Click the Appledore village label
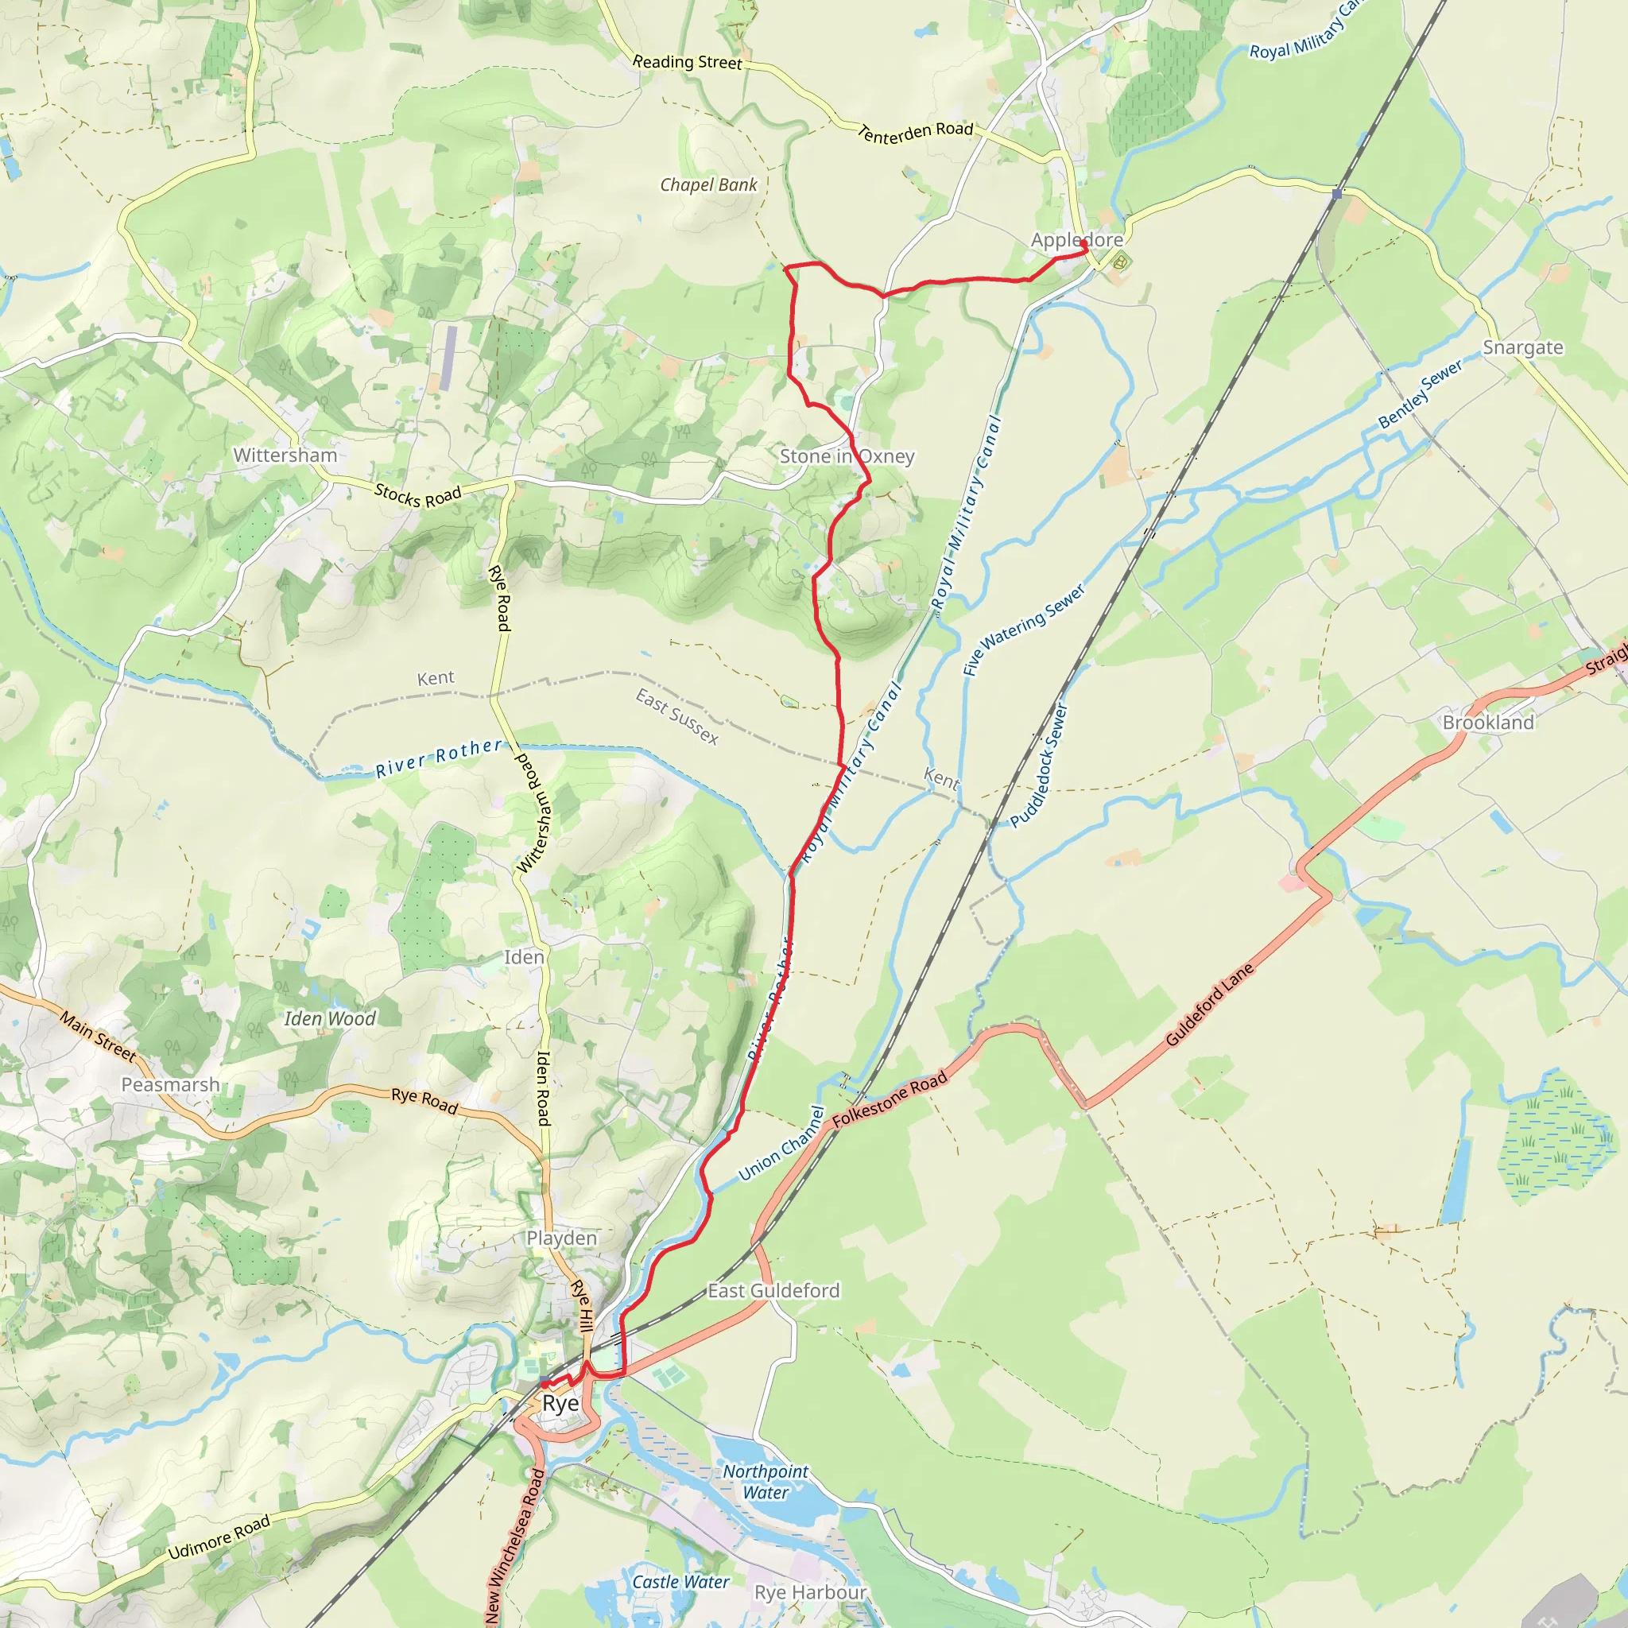tap(1076, 240)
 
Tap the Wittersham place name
tap(285, 455)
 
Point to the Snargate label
tap(1522, 347)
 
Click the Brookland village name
tap(1488, 722)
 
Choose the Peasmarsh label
tap(170, 1084)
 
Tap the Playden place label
tap(561, 1238)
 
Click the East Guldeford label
tap(773, 1291)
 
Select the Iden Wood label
tap(329, 1019)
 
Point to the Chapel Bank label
tap(708, 185)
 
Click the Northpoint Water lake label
tap(766, 1482)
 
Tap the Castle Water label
tap(681, 1583)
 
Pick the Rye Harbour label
tap(810, 1592)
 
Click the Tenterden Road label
tap(915, 132)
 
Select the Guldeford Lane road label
tap(1210, 1005)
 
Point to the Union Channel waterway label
tap(781, 1143)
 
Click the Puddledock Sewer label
tap(1039, 767)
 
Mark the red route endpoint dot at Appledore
tap(1083, 243)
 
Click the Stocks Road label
tap(417, 495)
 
